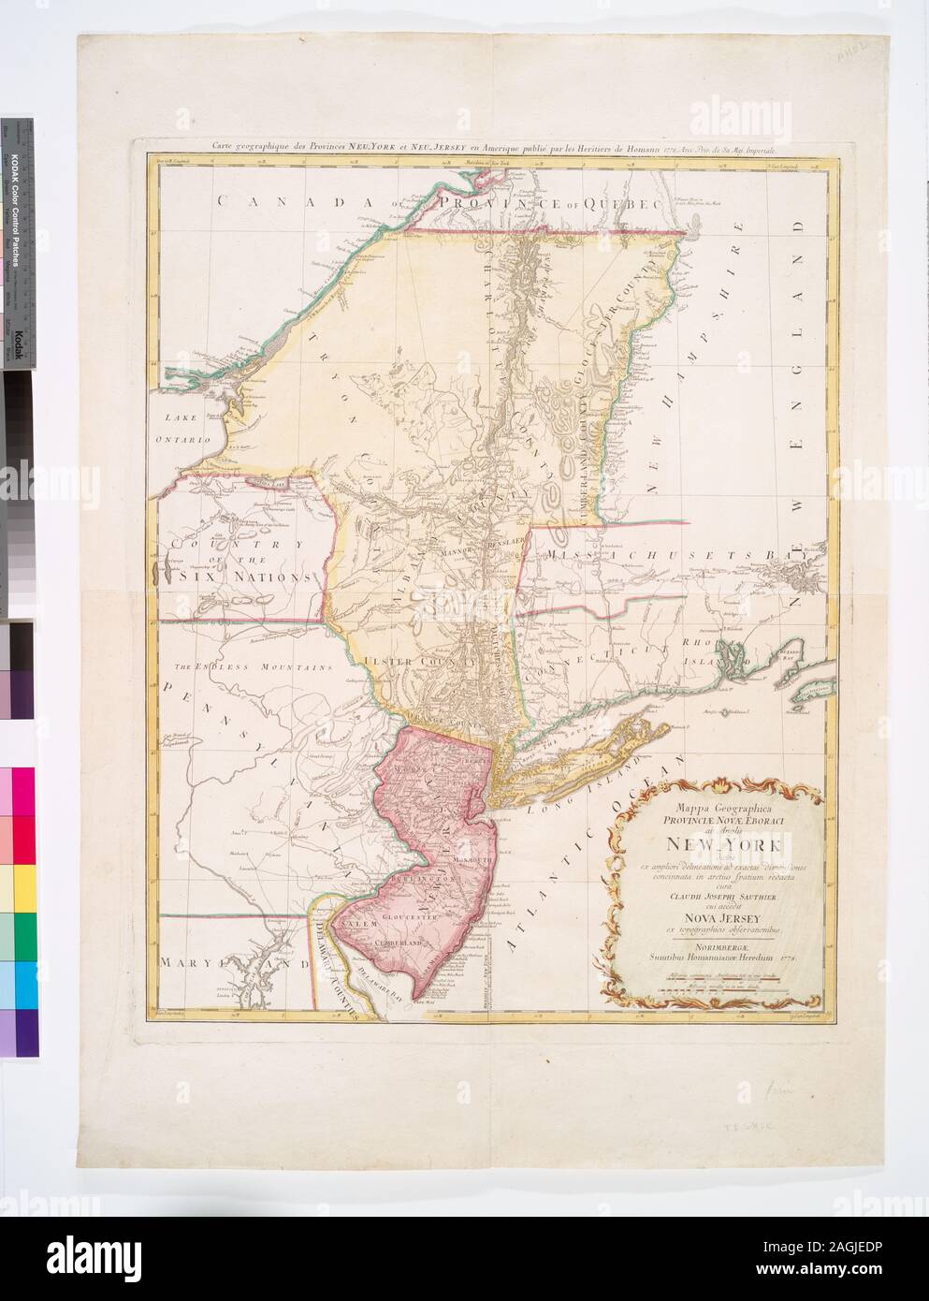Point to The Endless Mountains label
pyautogui.click(x=251, y=667)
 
